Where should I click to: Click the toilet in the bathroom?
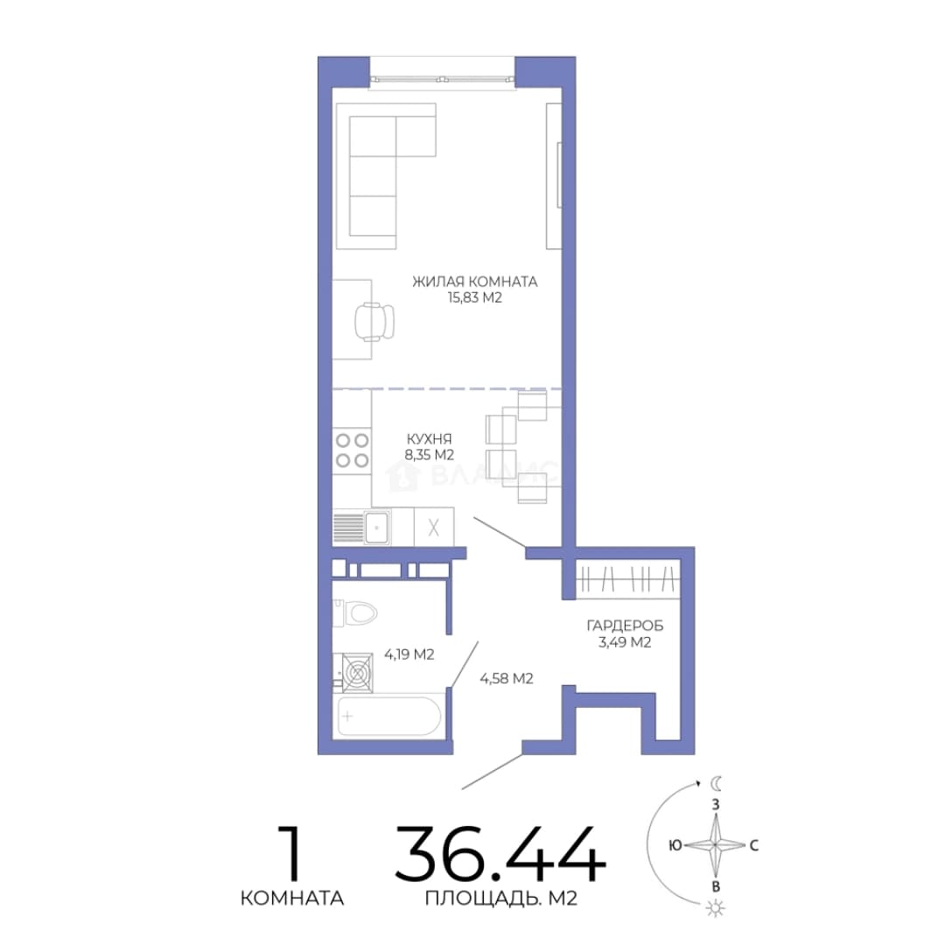tap(355, 613)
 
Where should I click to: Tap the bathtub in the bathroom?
tap(389, 716)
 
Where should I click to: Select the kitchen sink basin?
tap(376, 528)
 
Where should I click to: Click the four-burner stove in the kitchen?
tap(353, 451)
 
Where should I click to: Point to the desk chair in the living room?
tap(374, 321)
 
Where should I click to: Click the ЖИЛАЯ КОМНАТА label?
tap(475, 282)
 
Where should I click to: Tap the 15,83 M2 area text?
tap(475, 297)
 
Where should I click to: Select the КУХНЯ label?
tap(429, 438)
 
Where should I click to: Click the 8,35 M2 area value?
tap(429, 455)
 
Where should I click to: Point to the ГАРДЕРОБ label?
tap(625, 626)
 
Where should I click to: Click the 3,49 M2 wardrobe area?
tap(625, 642)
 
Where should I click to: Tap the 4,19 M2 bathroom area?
tap(409, 654)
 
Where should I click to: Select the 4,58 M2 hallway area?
tap(507, 679)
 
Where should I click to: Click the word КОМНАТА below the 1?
tap(292, 899)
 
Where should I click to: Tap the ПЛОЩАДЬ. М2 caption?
tap(501, 899)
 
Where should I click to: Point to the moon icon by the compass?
tap(716, 783)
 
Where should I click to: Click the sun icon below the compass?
tap(716, 908)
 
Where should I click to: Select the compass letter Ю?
tap(675, 845)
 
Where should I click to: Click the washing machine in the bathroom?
tap(357, 673)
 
